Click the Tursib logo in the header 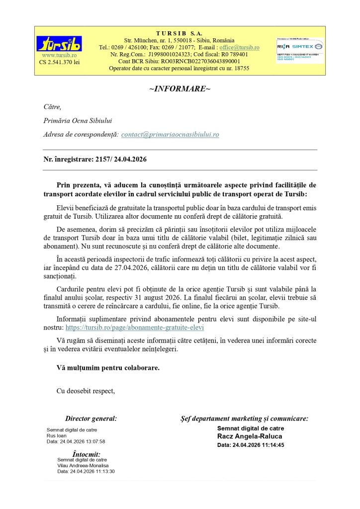pos(60,43)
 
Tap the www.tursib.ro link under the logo pos(59,55)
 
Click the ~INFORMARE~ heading pos(180,88)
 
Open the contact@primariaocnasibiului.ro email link pos(170,134)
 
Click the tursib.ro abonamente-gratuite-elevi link pos(135,328)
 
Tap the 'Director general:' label pos(91,419)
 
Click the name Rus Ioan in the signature pos(56,435)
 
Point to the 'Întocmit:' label pos(87,454)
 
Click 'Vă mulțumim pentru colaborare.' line pos(108,368)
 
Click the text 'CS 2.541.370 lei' pos(59,62)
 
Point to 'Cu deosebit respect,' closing pos(86,391)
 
